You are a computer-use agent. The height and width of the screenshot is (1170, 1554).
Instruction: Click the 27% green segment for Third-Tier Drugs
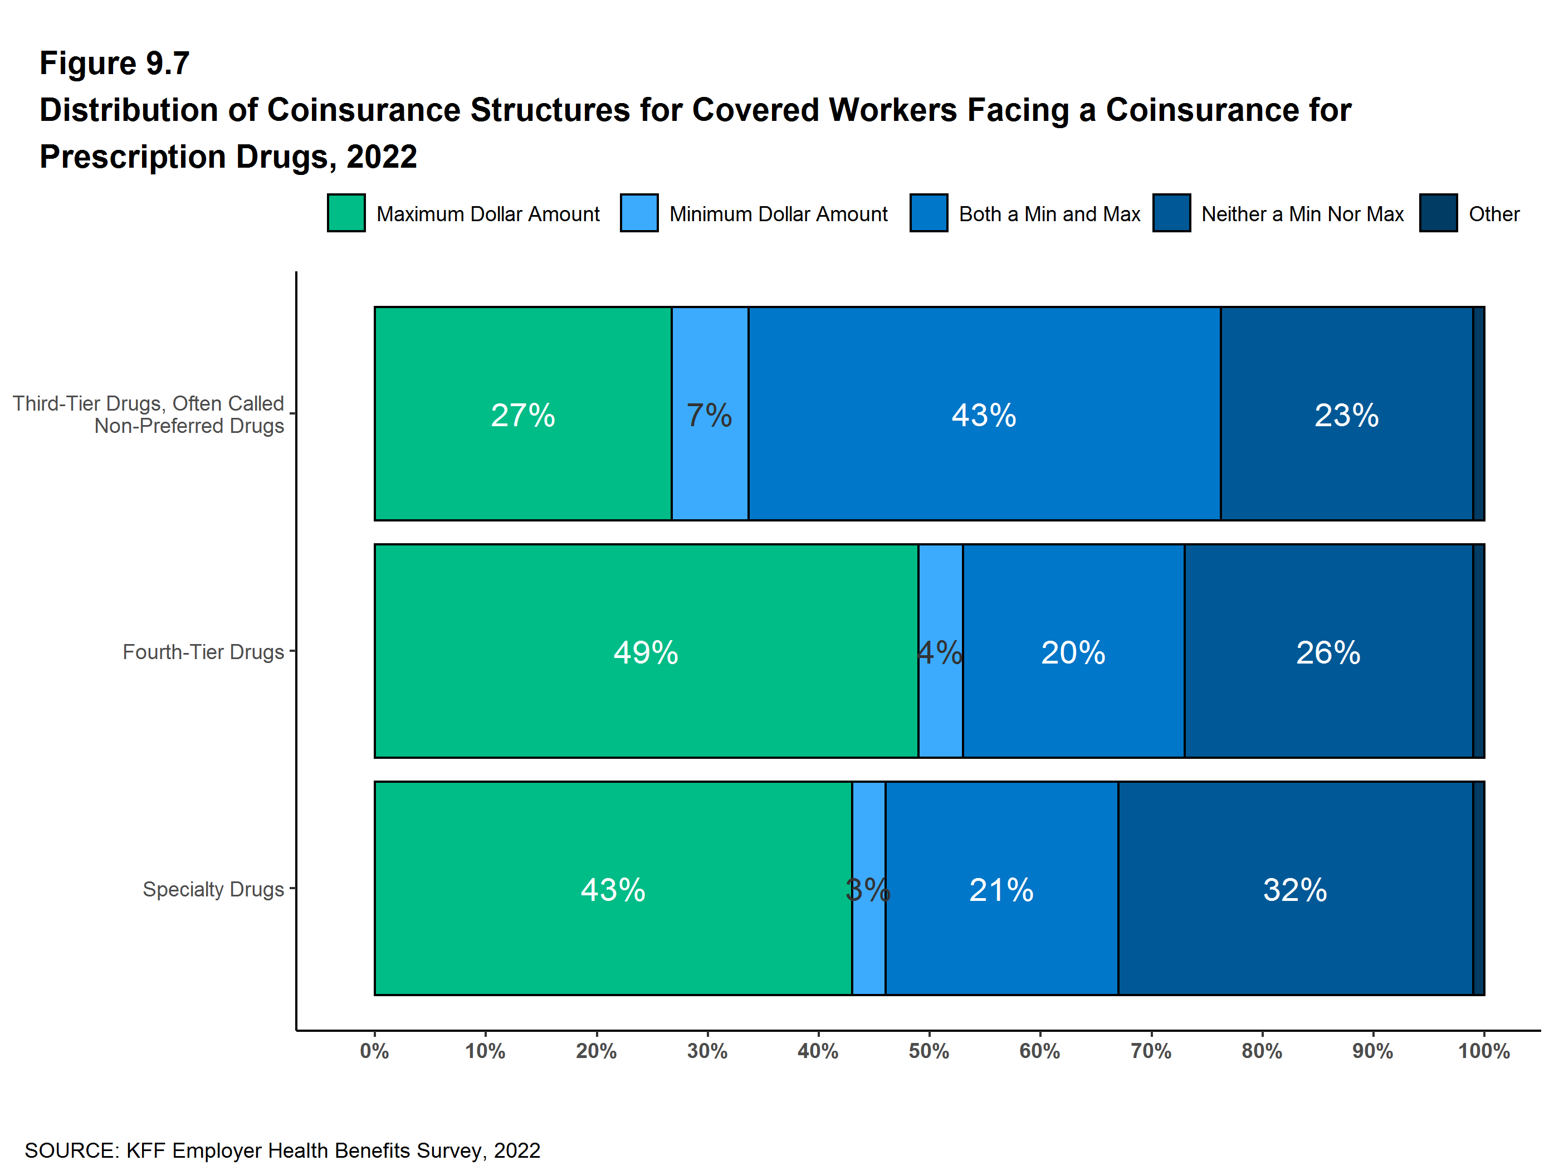click(522, 414)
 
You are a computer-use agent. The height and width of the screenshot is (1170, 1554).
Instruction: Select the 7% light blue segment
click(710, 414)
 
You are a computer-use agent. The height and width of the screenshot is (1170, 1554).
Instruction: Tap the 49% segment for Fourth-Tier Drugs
click(646, 651)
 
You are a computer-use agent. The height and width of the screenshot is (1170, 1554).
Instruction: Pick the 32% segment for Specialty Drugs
click(1295, 889)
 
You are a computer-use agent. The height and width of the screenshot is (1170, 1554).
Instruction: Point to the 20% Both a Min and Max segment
click(1073, 651)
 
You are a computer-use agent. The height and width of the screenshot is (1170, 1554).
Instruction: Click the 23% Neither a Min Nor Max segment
click(1346, 414)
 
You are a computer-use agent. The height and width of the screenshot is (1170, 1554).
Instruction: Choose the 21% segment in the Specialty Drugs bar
click(1001, 889)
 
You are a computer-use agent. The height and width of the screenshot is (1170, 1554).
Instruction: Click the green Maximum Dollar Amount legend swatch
click(346, 213)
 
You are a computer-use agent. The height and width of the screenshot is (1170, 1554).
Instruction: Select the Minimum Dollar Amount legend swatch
click(639, 213)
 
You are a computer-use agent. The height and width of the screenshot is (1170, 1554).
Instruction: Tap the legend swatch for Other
click(1438, 213)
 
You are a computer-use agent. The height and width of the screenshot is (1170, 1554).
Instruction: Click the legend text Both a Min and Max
click(1049, 213)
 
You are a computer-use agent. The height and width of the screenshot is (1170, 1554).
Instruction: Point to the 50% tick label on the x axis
click(929, 1051)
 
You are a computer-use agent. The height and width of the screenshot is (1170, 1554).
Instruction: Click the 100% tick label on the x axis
click(1484, 1051)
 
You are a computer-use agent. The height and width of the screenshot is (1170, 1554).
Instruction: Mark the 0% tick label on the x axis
click(374, 1051)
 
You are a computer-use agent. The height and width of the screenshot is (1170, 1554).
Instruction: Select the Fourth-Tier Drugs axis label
click(203, 652)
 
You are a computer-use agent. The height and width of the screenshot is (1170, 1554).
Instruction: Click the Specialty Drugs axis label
click(213, 889)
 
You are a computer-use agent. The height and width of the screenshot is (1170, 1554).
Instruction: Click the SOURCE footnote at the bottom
click(282, 1150)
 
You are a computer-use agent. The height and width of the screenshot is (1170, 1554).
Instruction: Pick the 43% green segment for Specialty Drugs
click(613, 889)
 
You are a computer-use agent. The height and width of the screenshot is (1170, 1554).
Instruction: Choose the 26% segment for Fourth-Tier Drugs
click(1328, 651)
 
